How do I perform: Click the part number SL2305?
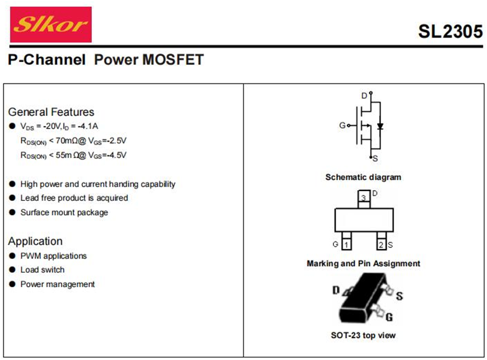pos(449,32)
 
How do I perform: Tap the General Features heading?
pos(51,112)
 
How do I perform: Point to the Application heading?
pos(35,241)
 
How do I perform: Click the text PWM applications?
pos(53,256)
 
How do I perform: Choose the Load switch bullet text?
pos(43,270)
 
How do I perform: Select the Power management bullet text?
pos(57,284)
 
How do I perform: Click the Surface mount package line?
pos(64,213)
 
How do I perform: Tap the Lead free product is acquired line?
pos(74,198)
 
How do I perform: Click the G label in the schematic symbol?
pos(342,125)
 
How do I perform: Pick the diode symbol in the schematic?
pos(380,126)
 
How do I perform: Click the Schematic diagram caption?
pos(363,177)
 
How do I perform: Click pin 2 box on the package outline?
pos(381,245)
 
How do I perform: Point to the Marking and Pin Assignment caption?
pos(363,264)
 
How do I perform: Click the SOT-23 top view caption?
pos(363,335)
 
